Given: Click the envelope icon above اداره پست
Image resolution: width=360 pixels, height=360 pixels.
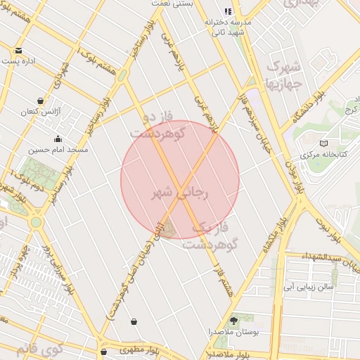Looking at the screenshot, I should coord(18,51).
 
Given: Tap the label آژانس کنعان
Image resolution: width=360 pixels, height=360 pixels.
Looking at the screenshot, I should coord(39,112).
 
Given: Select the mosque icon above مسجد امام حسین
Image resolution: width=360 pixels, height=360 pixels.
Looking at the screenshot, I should coord(58,139).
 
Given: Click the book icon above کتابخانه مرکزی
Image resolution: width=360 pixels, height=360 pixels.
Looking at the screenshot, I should coord(323,143).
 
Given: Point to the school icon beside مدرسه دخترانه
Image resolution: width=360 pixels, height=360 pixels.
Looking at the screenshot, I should coord(227,11).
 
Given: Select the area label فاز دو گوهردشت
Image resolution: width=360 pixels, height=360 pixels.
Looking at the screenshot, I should coord(157,124).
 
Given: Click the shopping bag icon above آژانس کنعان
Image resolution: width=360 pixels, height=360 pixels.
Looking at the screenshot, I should coord(40,101).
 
